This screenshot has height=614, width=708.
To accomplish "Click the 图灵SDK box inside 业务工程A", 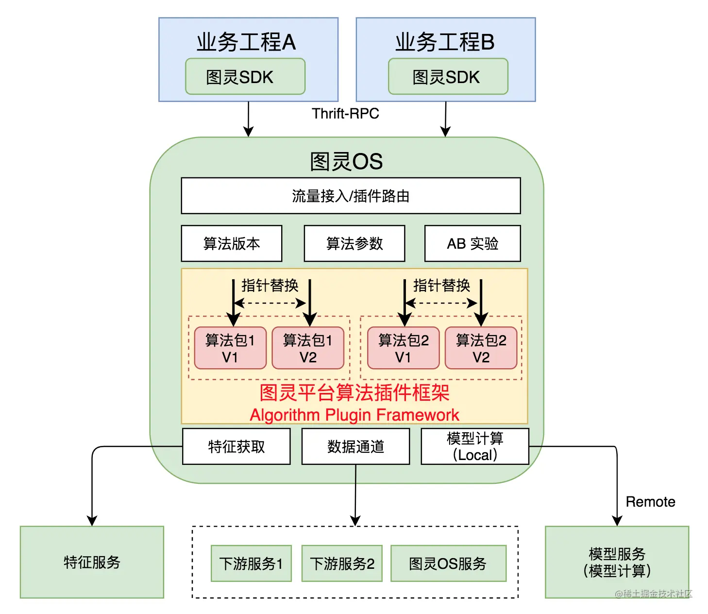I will pos(245,77).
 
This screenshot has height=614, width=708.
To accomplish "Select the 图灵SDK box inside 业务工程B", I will pos(448,77).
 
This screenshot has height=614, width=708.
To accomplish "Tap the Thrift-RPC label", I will pos(345,114).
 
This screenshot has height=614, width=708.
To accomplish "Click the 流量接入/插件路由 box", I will pos(351,196).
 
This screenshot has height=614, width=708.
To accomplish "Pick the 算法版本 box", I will pos(232,243).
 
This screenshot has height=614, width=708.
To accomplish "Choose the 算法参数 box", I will pos(354,243).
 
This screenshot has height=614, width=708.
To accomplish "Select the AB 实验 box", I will pos(472,243).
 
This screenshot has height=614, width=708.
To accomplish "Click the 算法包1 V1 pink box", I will pos(230,348).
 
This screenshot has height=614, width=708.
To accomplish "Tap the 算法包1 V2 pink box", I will pos(308,348).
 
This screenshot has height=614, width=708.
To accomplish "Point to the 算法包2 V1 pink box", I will pos(403,348).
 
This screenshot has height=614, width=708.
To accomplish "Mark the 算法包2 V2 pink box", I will pos(481,348).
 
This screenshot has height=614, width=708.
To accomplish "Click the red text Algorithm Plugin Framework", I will pos(354,415).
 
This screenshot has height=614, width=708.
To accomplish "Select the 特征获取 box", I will pos(236,446).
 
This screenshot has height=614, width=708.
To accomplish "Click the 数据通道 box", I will pos(355,446).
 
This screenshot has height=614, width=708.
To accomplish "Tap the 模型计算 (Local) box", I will pos(475,446).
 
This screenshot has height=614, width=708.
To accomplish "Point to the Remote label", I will pos(650,502).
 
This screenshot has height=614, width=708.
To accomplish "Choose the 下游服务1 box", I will pos(251,563).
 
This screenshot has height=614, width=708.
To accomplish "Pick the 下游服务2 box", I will pos(342,563).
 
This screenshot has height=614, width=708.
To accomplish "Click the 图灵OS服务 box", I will pos(448,563).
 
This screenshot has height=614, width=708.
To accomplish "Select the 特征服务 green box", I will pos(92,562).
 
